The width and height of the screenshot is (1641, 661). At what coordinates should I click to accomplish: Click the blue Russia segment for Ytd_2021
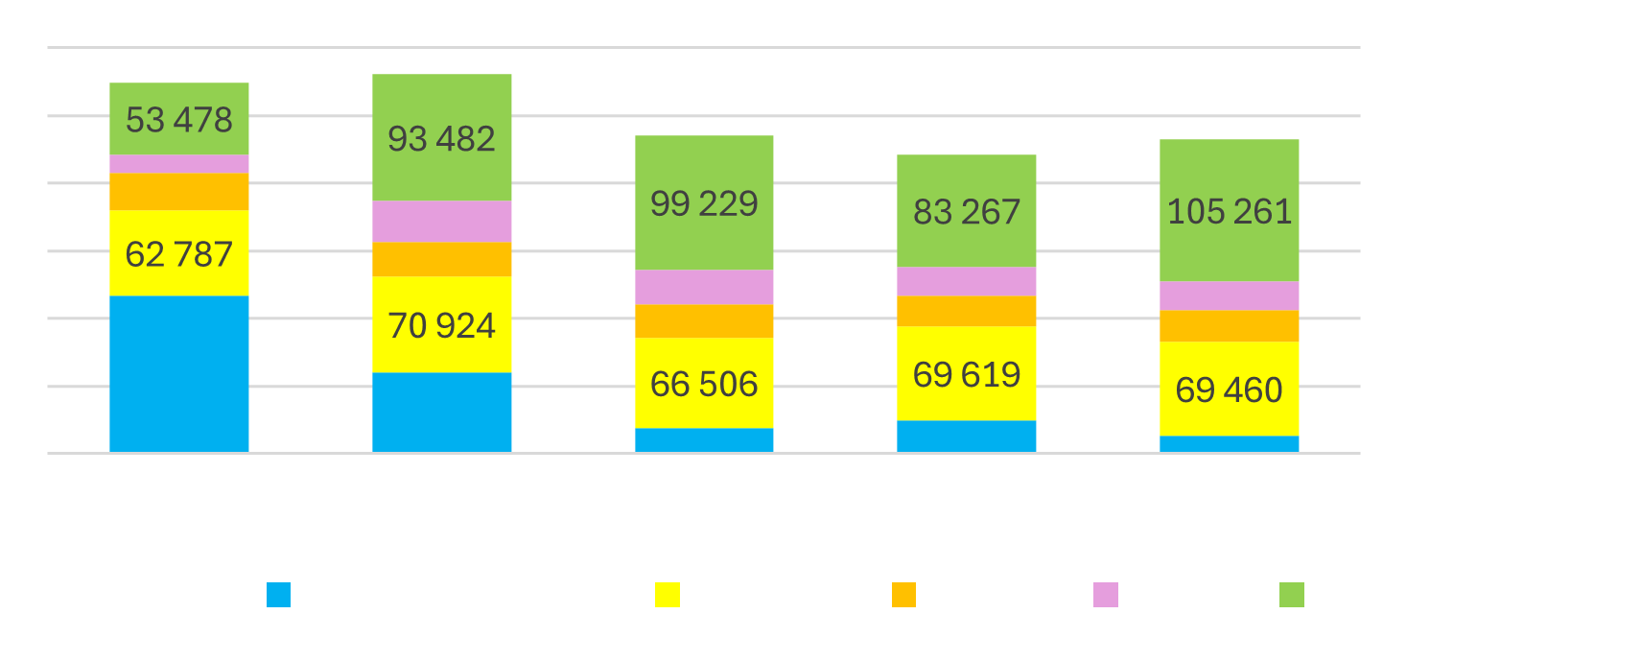[179, 373]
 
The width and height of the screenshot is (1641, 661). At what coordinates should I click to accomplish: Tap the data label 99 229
[704, 203]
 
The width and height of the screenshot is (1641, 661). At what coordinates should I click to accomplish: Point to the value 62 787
[179, 254]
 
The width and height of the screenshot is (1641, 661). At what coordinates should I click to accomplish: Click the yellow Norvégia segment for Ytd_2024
[967, 373]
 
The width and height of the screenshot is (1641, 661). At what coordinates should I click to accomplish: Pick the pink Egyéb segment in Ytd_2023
[704, 287]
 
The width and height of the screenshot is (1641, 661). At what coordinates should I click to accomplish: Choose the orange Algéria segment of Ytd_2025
[1229, 326]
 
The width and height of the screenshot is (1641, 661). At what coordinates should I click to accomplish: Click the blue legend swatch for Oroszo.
[278, 595]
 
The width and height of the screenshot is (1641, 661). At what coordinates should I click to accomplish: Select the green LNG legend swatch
[1291, 595]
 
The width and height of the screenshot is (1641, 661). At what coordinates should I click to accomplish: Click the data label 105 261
[1229, 211]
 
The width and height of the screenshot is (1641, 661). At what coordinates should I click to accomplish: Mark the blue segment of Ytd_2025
[1229, 444]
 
